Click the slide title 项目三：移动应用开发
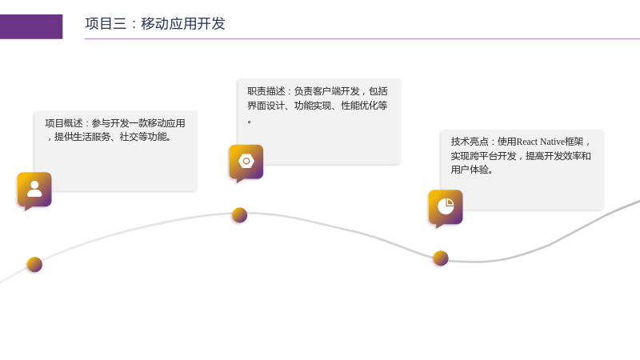(x=155, y=24)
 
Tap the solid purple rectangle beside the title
(x=31, y=27)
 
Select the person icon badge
(x=34, y=190)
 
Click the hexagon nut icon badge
(x=246, y=162)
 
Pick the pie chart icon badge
(x=446, y=207)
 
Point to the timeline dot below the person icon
(x=34, y=265)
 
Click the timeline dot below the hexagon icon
(x=239, y=215)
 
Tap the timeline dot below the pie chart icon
(x=441, y=258)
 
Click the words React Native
(x=541, y=142)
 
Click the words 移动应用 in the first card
(x=157, y=123)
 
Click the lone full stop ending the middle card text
(x=250, y=122)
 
